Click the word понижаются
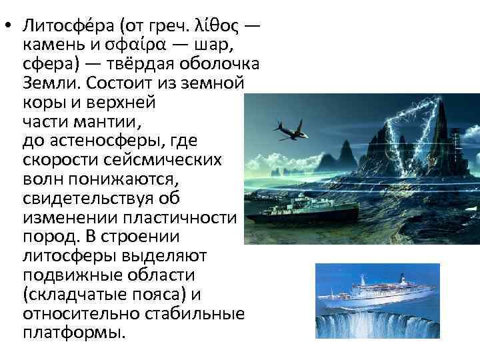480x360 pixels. (129, 180)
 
